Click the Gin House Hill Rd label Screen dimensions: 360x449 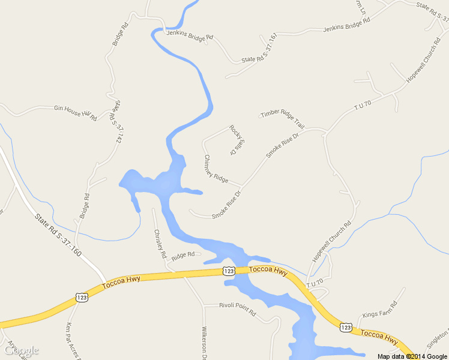(76, 112)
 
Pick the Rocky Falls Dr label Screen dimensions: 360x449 (236, 140)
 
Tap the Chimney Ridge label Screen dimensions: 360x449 (216, 169)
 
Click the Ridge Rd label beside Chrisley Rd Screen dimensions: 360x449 (183, 255)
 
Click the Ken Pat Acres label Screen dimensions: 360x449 (73, 340)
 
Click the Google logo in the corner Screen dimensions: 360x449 (22, 350)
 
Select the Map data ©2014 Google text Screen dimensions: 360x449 (412, 356)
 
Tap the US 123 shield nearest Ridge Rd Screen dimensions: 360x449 (229, 271)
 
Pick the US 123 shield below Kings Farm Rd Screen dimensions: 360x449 (345, 327)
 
